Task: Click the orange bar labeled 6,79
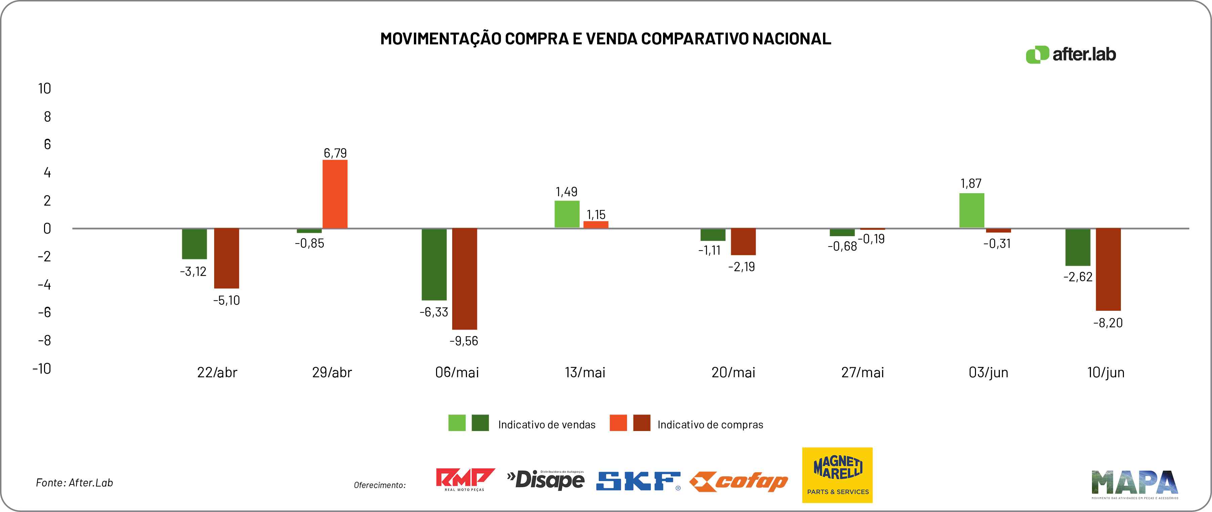coord(335,194)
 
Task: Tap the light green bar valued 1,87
coord(972,211)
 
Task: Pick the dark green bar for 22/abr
coord(194,244)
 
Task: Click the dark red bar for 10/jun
coord(1108,269)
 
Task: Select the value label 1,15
coord(596,215)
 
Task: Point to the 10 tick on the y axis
coord(45,88)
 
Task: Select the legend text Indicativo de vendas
coord(547,425)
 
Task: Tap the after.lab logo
coord(1071,54)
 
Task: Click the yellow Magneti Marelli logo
coord(837,475)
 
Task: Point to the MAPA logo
coord(1134,484)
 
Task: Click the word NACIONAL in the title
coord(791,39)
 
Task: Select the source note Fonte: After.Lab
coord(74,483)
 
